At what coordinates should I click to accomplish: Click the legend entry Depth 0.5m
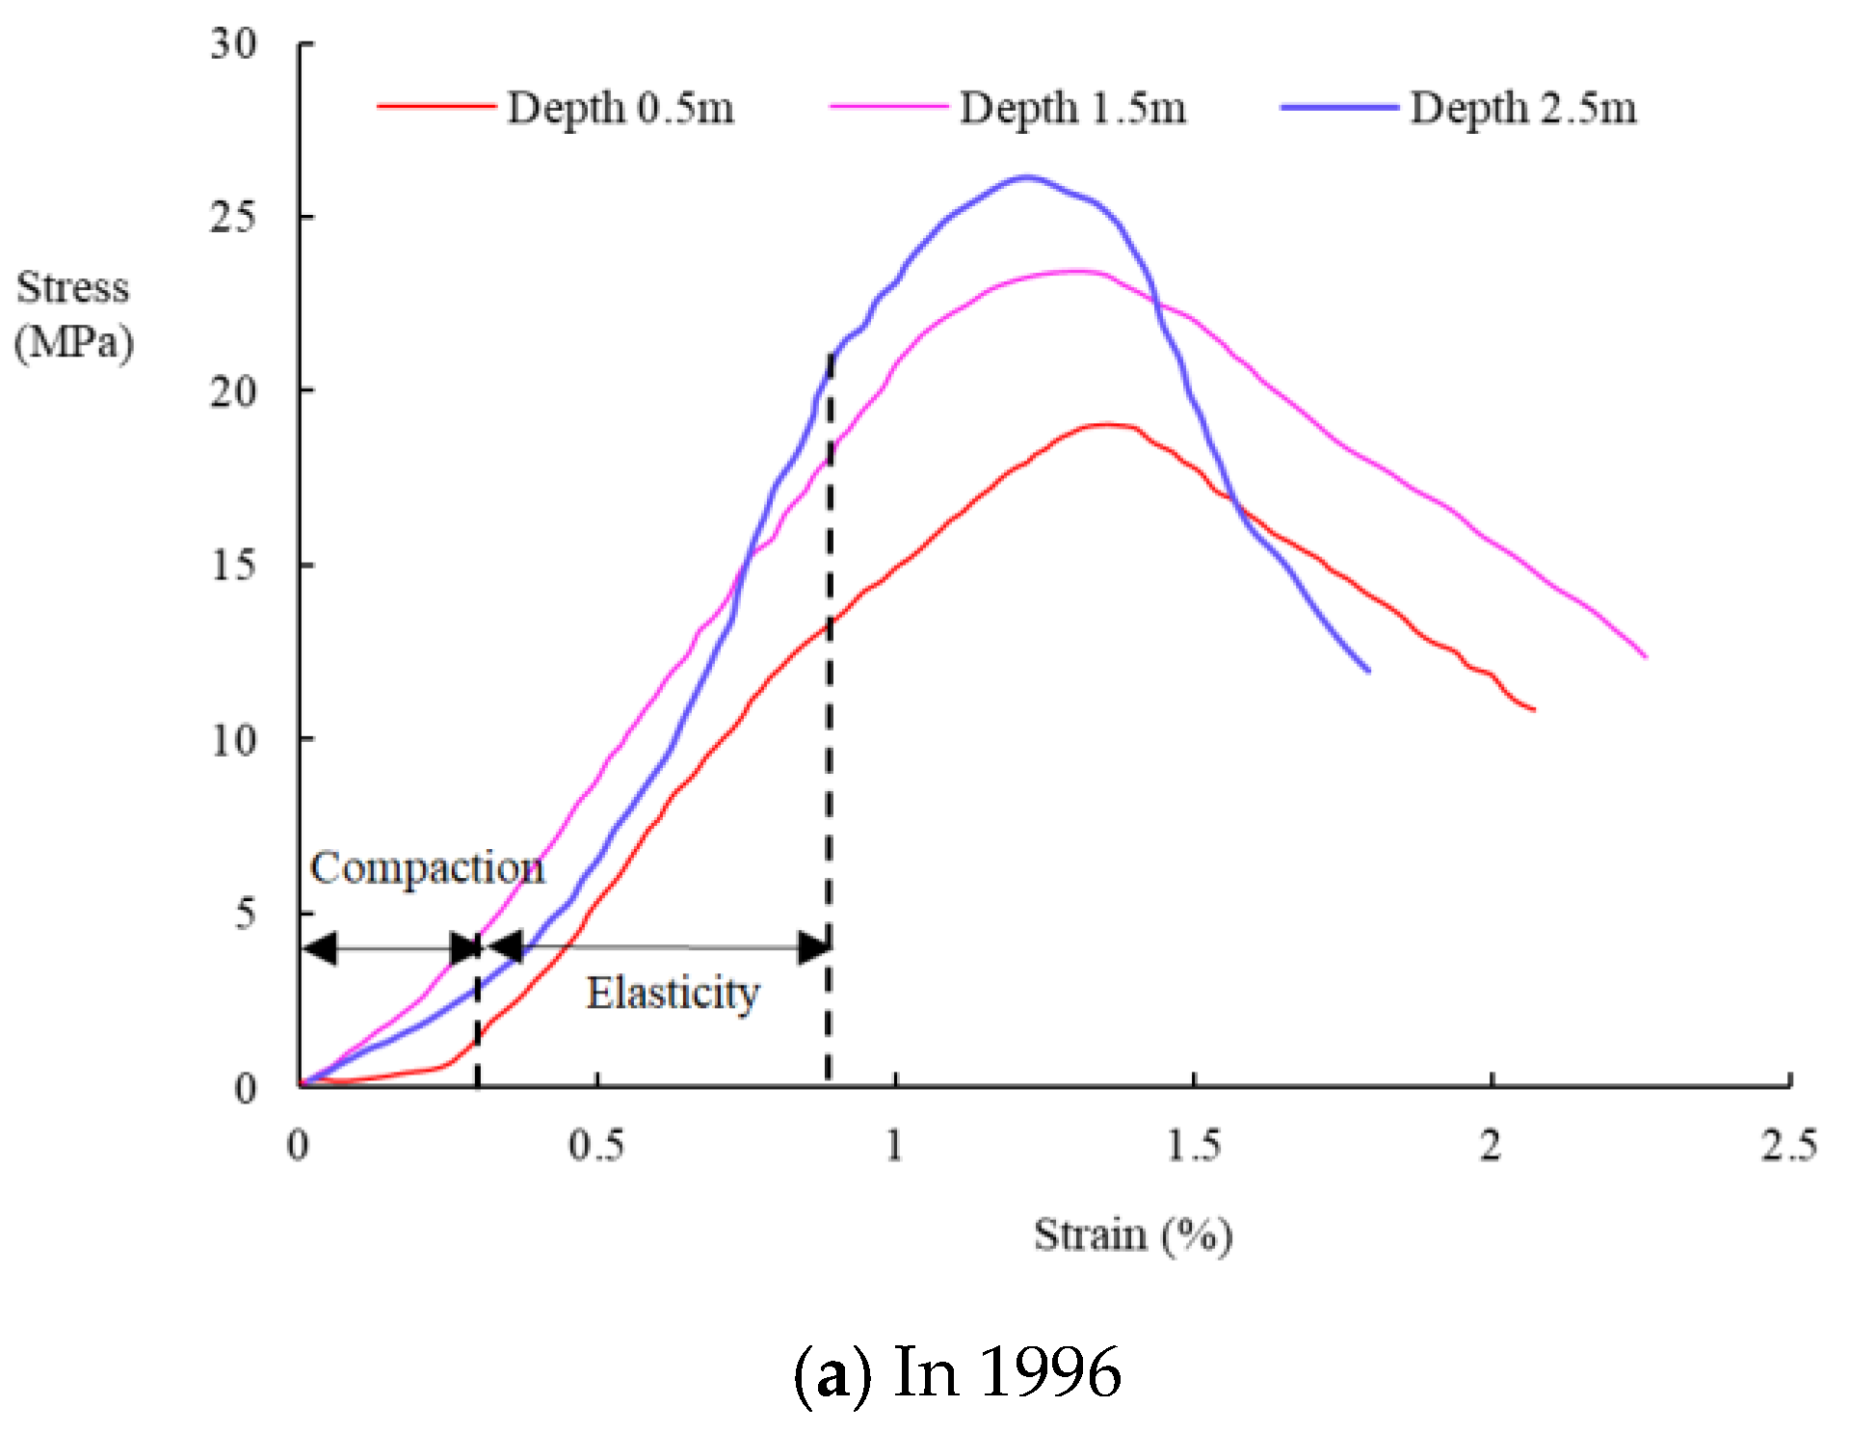pos(620,107)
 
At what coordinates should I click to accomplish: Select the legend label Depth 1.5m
pos(1072,107)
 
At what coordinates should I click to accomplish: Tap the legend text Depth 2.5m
pos(1523,107)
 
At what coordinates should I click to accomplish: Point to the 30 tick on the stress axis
pos(234,43)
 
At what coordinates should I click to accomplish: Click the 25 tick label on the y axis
pos(234,217)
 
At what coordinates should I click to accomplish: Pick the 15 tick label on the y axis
pos(234,565)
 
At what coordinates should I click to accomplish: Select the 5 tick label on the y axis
pos(245,913)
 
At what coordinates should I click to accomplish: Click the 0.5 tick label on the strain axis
pos(595,1146)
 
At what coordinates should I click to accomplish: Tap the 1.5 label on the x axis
pos(1193,1146)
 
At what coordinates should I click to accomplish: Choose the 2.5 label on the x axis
pos(1788,1146)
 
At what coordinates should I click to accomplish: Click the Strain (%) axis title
pos(1133,1234)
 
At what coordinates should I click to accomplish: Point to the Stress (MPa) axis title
pos(73,315)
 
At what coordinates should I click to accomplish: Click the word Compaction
pos(427,867)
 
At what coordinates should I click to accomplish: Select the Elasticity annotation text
pos(673,993)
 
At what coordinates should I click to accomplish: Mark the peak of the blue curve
pos(1026,177)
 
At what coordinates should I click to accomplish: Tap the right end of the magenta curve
pos(1646,656)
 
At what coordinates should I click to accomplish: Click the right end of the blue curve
pos(1368,671)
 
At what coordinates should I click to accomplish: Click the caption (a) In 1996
pos(957,1372)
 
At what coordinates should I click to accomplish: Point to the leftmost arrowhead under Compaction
pos(319,948)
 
